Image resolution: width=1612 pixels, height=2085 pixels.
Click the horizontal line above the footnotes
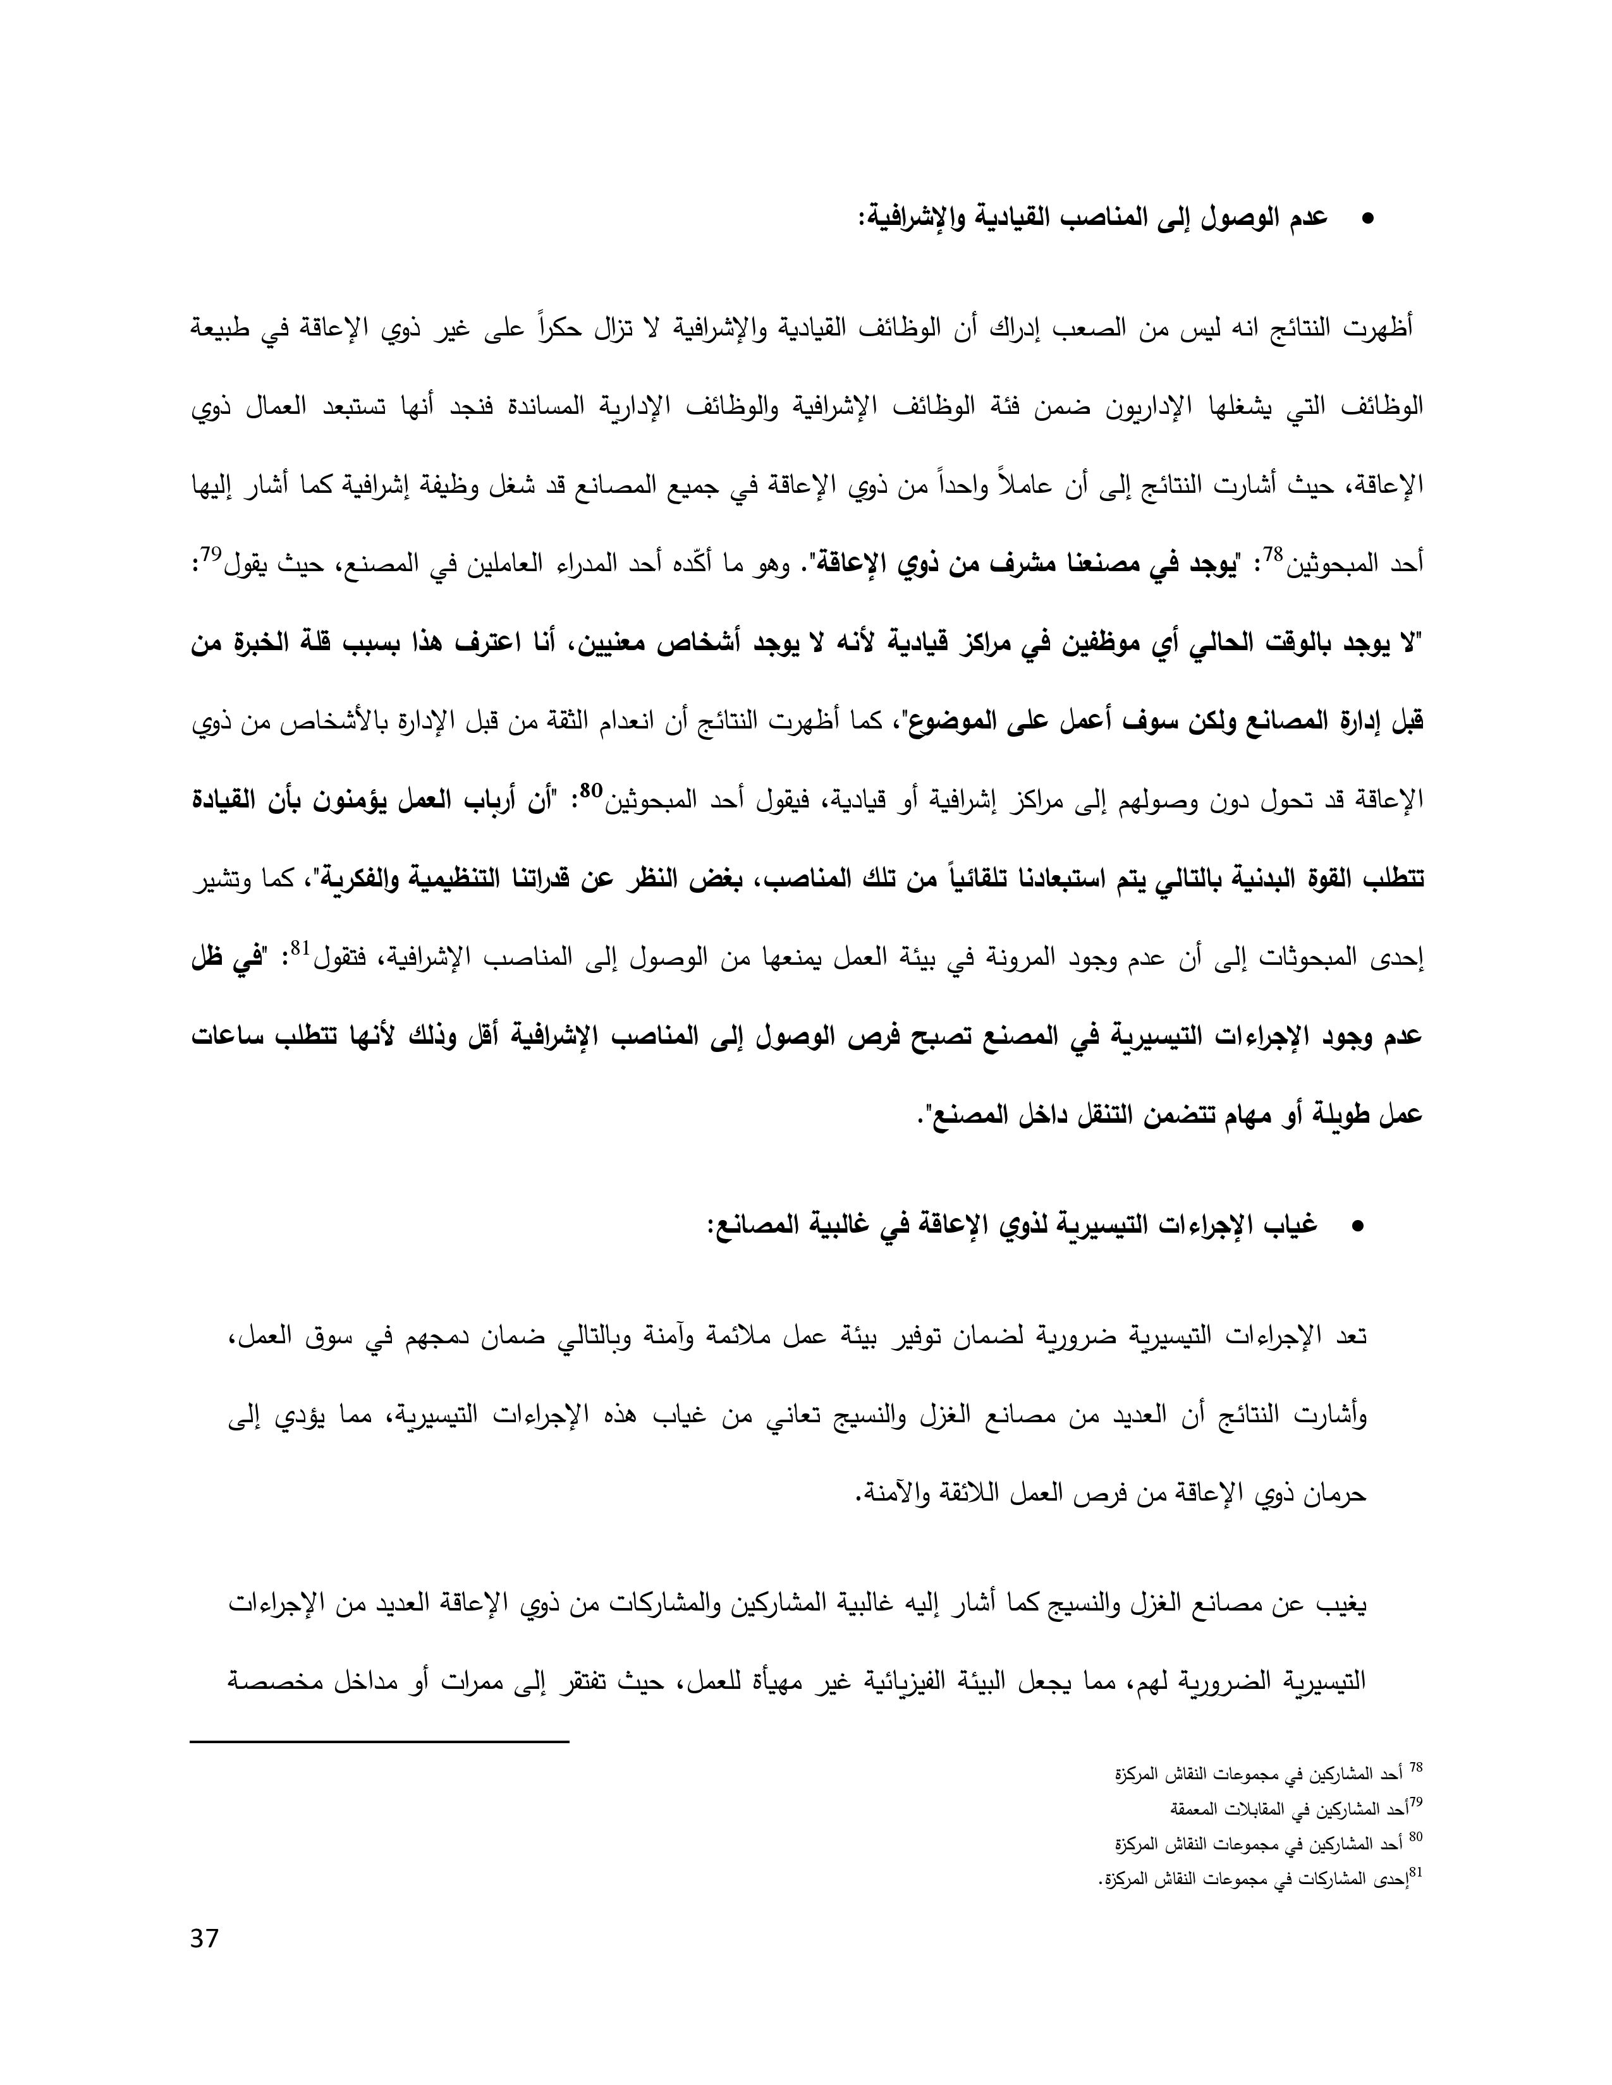point(380,1743)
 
